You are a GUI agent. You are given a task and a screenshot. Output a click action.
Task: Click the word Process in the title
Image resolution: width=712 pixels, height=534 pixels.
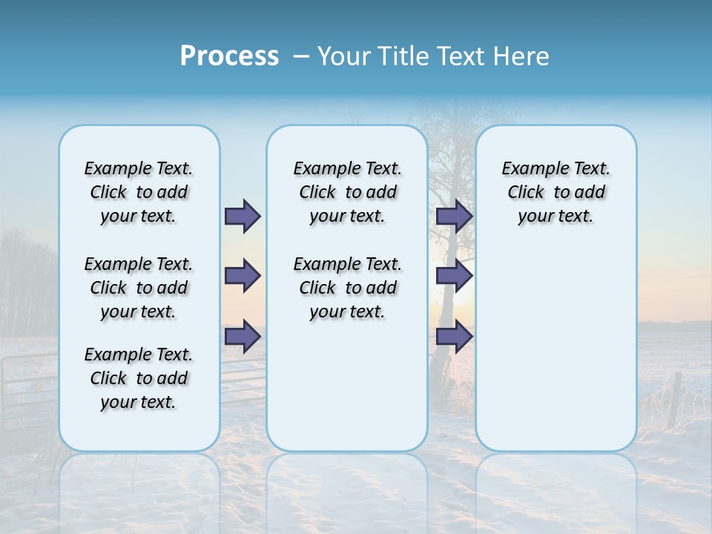pyautogui.click(x=229, y=56)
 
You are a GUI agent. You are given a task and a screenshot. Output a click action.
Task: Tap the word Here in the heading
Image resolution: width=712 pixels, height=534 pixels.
pyautogui.click(x=522, y=56)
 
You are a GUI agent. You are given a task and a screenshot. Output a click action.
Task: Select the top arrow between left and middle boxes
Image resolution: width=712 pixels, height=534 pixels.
pyautogui.click(x=243, y=216)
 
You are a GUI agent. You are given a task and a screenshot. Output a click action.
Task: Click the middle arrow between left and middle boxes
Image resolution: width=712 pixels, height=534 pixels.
pyautogui.click(x=243, y=276)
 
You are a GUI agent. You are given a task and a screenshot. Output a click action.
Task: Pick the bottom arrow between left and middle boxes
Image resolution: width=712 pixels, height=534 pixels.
pyautogui.click(x=243, y=337)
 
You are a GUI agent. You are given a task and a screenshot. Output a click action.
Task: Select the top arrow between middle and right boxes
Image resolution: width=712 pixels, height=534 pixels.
pyautogui.click(x=454, y=216)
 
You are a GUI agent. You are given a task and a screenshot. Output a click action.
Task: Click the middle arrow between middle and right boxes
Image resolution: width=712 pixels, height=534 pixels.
pyautogui.click(x=454, y=276)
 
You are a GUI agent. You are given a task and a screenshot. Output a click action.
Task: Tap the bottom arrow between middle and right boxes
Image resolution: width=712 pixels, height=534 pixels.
pyautogui.click(x=454, y=337)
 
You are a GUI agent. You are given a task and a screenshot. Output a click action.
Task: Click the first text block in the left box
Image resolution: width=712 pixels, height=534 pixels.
pyautogui.click(x=139, y=192)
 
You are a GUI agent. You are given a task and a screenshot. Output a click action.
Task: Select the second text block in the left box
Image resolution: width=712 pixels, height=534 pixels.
pyautogui.click(x=139, y=288)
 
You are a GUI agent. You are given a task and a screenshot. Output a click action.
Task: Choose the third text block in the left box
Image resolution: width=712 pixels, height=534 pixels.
pyautogui.click(x=139, y=378)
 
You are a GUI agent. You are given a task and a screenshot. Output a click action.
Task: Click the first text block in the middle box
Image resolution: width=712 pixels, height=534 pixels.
pyautogui.click(x=347, y=192)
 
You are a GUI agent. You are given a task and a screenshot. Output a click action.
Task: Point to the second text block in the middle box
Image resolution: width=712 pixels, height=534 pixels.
pyautogui.click(x=347, y=288)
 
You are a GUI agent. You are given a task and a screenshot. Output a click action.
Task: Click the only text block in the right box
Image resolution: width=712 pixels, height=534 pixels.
pyautogui.click(x=556, y=192)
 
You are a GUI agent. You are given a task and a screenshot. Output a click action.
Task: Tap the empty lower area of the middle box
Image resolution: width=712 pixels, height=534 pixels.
pyautogui.click(x=347, y=386)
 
